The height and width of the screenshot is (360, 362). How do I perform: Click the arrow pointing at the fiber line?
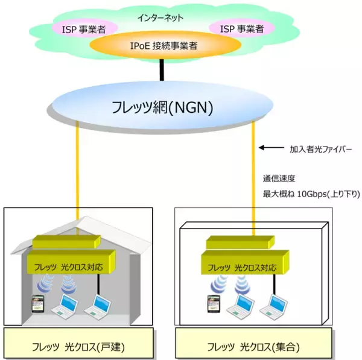click(x=270, y=147)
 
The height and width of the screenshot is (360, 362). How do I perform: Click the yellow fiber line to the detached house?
click(x=78, y=175)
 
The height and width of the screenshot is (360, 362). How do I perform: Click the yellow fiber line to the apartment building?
click(x=253, y=175)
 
